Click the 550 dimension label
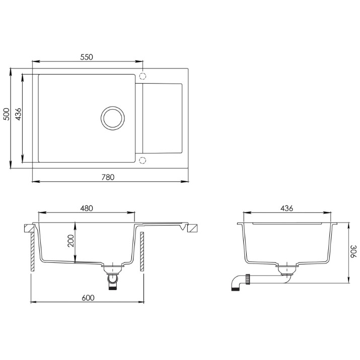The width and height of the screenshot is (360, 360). [87, 57]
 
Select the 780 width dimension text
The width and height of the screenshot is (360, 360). [108, 177]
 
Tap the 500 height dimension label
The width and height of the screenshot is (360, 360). [7, 114]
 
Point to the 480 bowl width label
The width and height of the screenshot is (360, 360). [87, 208]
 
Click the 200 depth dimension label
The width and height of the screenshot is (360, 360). [70, 241]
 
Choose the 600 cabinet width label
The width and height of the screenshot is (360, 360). [88, 298]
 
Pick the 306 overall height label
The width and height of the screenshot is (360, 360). [353, 251]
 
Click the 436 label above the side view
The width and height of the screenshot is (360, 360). [287, 208]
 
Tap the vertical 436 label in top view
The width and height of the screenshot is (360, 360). [18, 114]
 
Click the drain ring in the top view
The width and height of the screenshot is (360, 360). [113, 107]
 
